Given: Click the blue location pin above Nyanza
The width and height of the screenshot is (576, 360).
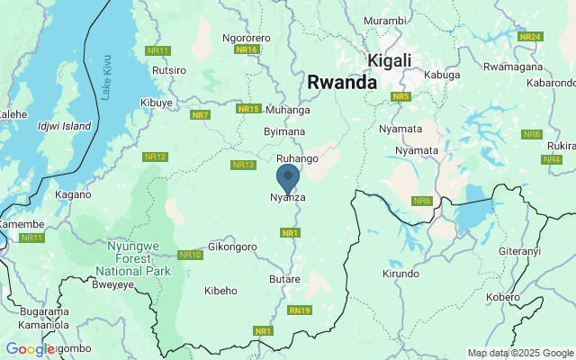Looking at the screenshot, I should point(288,176).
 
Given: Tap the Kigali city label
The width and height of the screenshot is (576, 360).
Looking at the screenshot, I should point(390,60).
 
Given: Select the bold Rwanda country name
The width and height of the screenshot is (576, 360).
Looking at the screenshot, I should point(342,82).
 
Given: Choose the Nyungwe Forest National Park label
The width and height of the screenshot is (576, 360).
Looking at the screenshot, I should point(132,258).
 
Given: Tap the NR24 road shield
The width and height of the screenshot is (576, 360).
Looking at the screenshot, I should point(530,37).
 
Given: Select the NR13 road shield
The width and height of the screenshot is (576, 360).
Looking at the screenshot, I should point(244,165).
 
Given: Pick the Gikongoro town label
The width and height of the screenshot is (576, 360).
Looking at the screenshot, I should point(232,247).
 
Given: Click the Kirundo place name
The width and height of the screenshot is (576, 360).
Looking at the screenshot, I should point(401,274).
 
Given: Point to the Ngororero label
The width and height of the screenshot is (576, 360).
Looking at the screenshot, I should point(246,39).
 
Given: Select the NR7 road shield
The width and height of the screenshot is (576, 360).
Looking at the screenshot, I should point(200,115).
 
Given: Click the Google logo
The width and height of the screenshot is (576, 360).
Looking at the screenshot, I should point(30,349).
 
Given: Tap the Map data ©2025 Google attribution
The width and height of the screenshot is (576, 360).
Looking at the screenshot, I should point(520,353).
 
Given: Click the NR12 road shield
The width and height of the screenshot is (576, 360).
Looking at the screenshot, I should point(155,157).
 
